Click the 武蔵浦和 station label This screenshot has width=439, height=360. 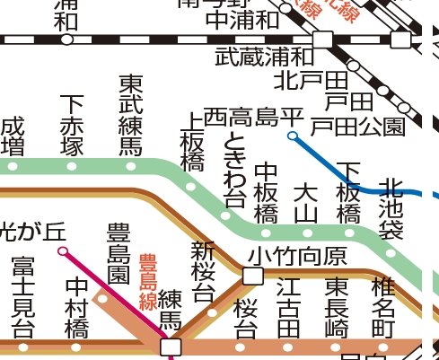point(265,57)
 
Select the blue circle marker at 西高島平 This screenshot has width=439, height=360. point(292,136)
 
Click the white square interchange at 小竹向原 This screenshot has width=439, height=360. point(252,275)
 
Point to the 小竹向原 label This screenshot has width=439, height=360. point(298,257)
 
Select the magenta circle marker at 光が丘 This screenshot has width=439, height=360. point(62,251)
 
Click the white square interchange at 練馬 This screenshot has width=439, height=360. point(170,346)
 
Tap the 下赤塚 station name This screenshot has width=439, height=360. point(72,127)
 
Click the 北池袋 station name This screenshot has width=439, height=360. point(391,209)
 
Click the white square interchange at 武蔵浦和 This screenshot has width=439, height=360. point(322,39)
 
